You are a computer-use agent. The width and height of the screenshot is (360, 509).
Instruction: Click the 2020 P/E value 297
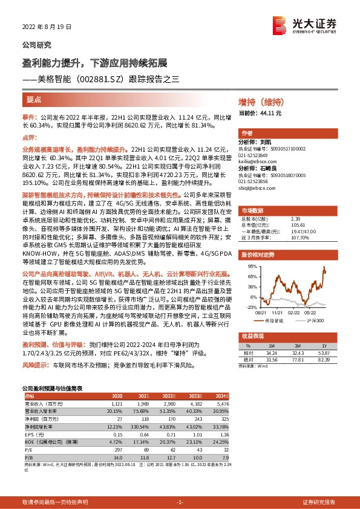click(x=118, y=450)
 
